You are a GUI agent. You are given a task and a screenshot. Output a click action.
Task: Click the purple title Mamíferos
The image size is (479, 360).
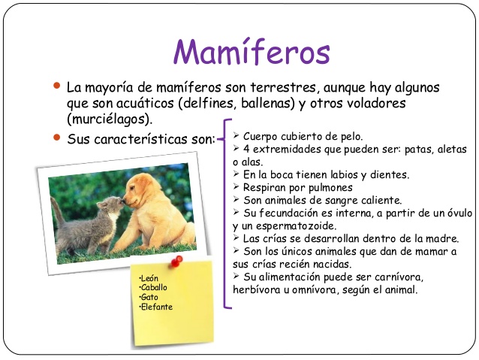click(x=252, y=51)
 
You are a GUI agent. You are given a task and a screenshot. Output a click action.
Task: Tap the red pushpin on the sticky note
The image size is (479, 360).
click(x=176, y=261)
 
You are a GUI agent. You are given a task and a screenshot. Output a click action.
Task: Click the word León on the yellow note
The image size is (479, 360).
click(x=149, y=278)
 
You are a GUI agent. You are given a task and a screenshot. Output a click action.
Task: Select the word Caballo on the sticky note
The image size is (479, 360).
click(x=153, y=288)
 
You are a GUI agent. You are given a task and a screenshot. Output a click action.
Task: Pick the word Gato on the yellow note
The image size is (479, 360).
click(x=149, y=297)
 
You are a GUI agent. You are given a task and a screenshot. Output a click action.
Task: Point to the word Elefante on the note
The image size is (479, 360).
click(x=156, y=307)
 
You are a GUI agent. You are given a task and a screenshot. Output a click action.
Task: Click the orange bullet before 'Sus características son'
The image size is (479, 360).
click(x=56, y=138)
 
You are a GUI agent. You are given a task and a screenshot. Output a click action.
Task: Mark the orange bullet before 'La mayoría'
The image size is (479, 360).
click(x=56, y=86)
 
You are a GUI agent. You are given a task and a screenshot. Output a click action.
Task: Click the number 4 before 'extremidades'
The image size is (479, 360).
click(x=246, y=150)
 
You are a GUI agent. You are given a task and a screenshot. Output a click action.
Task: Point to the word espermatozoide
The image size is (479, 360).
click(x=296, y=226)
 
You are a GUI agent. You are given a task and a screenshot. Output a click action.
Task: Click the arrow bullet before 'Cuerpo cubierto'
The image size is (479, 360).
click(x=236, y=135)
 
